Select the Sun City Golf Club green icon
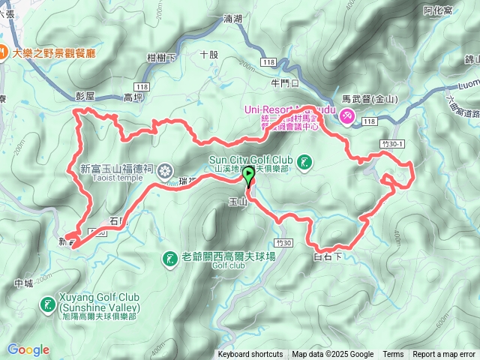coord(304,162)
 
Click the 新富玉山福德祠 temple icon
coord(165,169)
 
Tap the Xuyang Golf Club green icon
coord(48,304)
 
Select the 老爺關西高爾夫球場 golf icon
coord(169,259)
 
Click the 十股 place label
coord(209,54)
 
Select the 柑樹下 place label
coord(162,58)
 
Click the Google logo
coord(28,349)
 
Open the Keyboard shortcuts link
coord(250,355)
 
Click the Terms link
coord(393,355)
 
